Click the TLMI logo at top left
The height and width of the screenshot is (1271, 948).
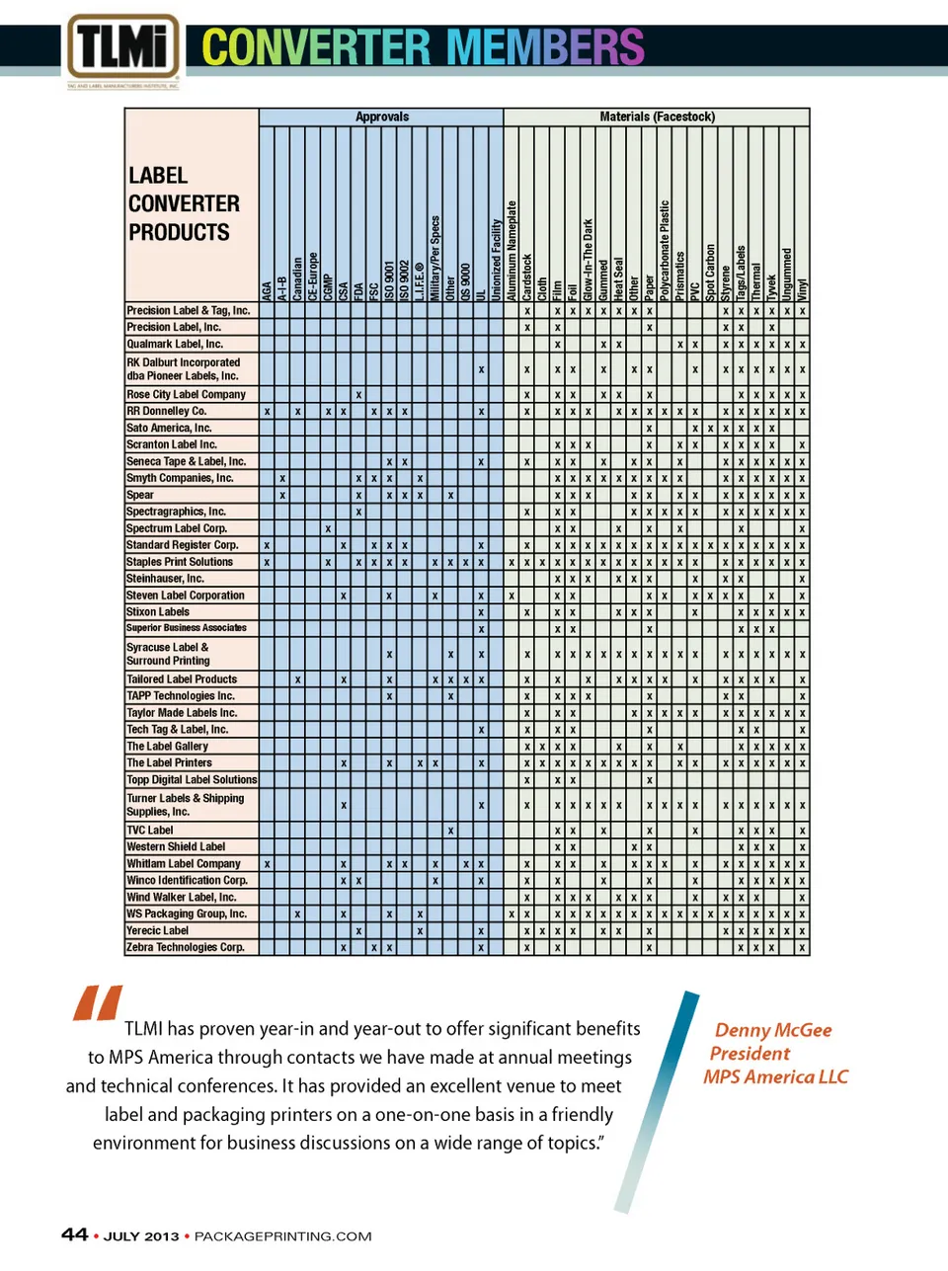coord(123,46)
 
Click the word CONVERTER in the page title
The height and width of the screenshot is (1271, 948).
coord(316,47)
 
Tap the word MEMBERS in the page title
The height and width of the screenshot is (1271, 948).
coord(545,47)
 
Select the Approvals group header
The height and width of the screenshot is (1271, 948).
coord(381,117)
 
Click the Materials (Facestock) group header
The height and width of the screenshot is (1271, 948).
coord(657,117)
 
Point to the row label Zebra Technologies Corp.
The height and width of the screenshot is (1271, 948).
coord(186,947)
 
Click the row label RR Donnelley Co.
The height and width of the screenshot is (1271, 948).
coord(167,411)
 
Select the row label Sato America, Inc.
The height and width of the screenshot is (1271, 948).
coord(169,428)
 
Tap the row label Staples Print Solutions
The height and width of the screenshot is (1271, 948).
coord(180,562)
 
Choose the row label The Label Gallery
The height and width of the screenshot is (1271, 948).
coord(168,747)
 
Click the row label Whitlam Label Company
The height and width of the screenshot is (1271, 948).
coord(184,863)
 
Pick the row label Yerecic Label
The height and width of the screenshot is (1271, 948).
coord(158,930)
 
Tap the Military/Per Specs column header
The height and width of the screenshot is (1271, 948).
coord(435,258)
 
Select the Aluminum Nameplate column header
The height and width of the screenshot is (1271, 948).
coord(512,251)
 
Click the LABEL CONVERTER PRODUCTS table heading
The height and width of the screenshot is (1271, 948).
coord(185,203)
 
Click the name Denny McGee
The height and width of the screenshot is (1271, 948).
coord(773,1030)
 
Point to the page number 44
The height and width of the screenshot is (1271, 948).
coord(74,1234)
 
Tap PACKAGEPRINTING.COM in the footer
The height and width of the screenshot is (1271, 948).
coord(282,1236)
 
